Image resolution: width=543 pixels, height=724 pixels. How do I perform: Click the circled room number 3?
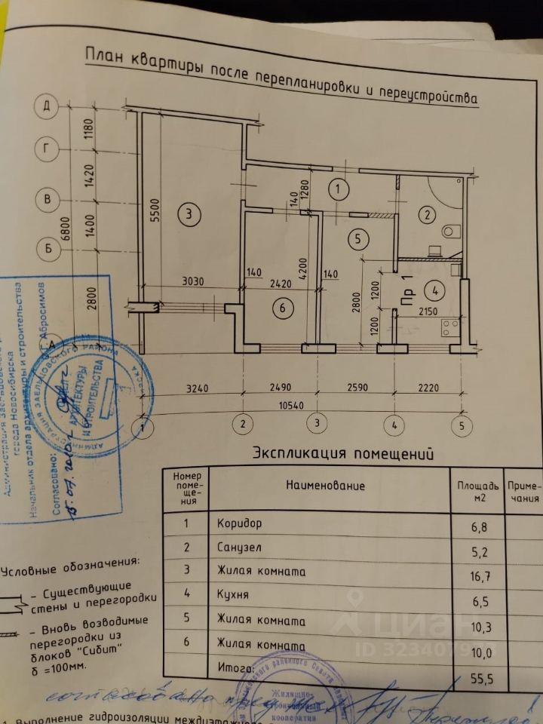[189, 215]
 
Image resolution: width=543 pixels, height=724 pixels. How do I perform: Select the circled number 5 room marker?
[358, 238]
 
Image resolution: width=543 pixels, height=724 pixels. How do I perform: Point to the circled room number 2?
[427, 216]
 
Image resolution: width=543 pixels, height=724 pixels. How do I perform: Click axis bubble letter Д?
[47, 106]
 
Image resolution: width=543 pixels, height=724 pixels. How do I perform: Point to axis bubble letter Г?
[47, 149]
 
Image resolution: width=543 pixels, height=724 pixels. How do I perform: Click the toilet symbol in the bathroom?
[450, 229]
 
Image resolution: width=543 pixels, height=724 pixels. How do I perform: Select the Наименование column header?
[327, 486]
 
